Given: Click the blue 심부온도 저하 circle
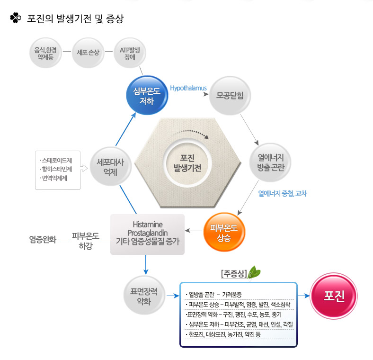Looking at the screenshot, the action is coord(147,95).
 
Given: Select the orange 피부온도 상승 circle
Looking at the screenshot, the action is coord(224,232).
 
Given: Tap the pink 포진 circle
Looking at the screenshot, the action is coord(334,296).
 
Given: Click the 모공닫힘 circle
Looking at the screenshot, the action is coord(230,96).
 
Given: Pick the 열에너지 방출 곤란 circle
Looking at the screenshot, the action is coord(270,162).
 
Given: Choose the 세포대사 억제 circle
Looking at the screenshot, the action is coord(111,167).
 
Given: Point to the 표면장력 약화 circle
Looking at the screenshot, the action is coord(144,296).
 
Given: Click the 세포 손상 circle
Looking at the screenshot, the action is coord(88,53).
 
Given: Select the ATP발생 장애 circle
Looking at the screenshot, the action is coord(130,53).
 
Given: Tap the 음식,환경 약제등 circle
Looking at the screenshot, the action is coord(45,53).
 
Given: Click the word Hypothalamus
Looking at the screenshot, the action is coord(188,88).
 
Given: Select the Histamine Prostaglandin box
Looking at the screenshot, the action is coord(148,234).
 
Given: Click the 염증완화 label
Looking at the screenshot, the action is coord(43,239).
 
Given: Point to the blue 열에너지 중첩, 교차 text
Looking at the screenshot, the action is coord(283,193).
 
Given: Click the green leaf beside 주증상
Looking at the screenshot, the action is coord(254,272).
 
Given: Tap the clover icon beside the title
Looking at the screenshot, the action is coord(16,18).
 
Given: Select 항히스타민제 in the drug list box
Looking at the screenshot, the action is coord(57,169).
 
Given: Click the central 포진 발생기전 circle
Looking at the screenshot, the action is coord(187,163).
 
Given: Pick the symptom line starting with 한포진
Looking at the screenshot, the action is coord(224,334).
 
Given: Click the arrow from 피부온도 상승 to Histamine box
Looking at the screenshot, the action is coord(194,231).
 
